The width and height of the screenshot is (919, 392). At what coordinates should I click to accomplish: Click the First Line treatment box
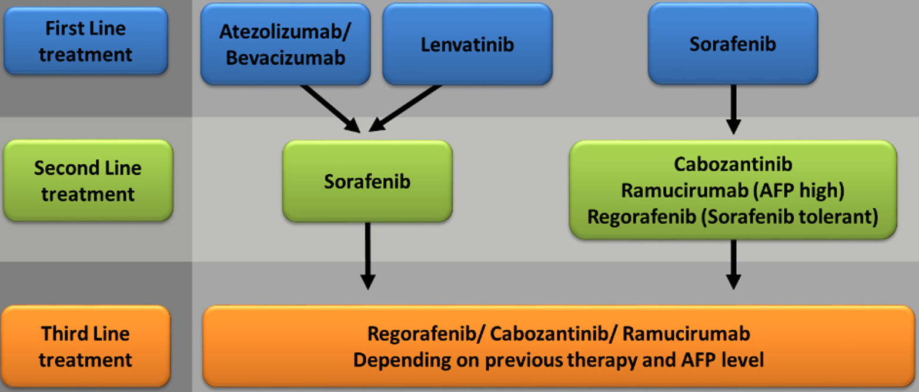pyautogui.click(x=86, y=41)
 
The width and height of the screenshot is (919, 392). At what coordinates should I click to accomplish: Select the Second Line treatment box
pyautogui.click(x=88, y=180)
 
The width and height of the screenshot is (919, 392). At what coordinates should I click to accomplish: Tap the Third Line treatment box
pyautogui.click(x=86, y=346)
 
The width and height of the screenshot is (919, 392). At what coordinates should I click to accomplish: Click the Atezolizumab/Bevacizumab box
pyautogui.click(x=286, y=44)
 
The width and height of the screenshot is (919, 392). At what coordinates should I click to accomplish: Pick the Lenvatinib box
pyautogui.click(x=467, y=44)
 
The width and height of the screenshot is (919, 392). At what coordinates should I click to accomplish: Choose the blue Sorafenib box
pyautogui.click(x=733, y=44)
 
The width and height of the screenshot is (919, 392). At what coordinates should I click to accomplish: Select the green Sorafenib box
pyautogui.click(x=367, y=181)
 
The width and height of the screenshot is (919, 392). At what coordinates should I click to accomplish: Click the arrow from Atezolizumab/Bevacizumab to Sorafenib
pyautogui.click(x=330, y=108)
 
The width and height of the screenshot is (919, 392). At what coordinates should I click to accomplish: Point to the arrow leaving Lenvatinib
pyautogui.click(x=405, y=108)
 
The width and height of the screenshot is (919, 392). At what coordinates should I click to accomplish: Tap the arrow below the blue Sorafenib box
pyautogui.click(x=733, y=109)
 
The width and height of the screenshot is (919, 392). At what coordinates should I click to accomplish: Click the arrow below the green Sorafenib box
pyautogui.click(x=367, y=256)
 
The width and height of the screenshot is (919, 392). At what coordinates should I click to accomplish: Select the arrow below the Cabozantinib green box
pyautogui.click(x=733, y=265)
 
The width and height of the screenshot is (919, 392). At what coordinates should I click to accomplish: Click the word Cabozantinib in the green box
pyautogui.click(x=733, y=164)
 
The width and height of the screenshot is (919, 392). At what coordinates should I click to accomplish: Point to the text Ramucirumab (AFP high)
pyautogui.click(x=733, y=191)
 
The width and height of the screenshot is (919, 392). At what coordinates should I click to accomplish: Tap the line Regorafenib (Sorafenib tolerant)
pyautogui.click(x=733, y=217)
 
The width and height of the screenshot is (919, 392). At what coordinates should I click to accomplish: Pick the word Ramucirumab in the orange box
pyautogui.click(x=686, y=334)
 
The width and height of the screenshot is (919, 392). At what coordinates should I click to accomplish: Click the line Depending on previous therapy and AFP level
pyautogui.click(x=559, y=360)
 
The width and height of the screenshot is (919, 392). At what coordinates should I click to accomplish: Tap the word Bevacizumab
pyautogui.click(x=286, y=58)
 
